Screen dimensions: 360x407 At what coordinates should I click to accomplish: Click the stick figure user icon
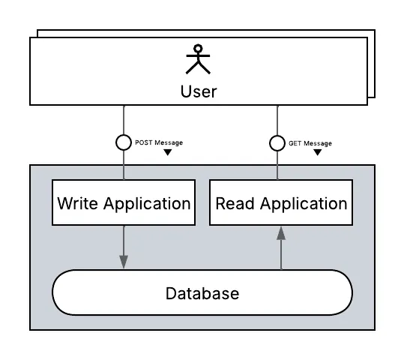tap(199, 60)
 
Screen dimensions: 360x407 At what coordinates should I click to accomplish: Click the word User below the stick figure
tap(199, 91)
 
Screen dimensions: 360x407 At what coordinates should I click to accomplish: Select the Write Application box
tap(124, 202)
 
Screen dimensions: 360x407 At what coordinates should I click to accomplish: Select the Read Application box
tap(281, 202)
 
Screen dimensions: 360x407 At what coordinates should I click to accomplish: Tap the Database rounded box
tap(202, 292)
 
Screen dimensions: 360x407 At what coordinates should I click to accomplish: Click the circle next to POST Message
tap(124, 142)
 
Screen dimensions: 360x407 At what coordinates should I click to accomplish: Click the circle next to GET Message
tap(277, 142)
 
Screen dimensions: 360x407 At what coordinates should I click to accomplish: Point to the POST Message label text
tap(158, 142)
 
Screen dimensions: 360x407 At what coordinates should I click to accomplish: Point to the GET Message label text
tap(310, 142)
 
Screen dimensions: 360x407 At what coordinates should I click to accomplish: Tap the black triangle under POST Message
tap(167, 152)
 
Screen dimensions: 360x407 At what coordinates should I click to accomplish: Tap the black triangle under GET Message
tap(318, 152)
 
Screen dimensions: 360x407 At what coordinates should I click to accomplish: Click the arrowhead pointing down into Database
tap(124, 260)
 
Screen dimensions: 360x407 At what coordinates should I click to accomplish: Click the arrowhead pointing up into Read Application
tap(281, 234)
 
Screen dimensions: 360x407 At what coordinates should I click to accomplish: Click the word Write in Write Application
tap(77, 203)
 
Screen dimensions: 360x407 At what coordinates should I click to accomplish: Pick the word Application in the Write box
tap(147, 203)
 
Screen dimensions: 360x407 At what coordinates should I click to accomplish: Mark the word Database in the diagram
tap(202, 292)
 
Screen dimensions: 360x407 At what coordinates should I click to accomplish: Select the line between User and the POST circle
tap(124, 120)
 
